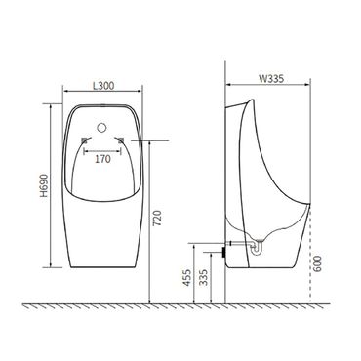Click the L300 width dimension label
pos(104,84)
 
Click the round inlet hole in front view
pos(104,126)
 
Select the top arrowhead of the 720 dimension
pos(149,141)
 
